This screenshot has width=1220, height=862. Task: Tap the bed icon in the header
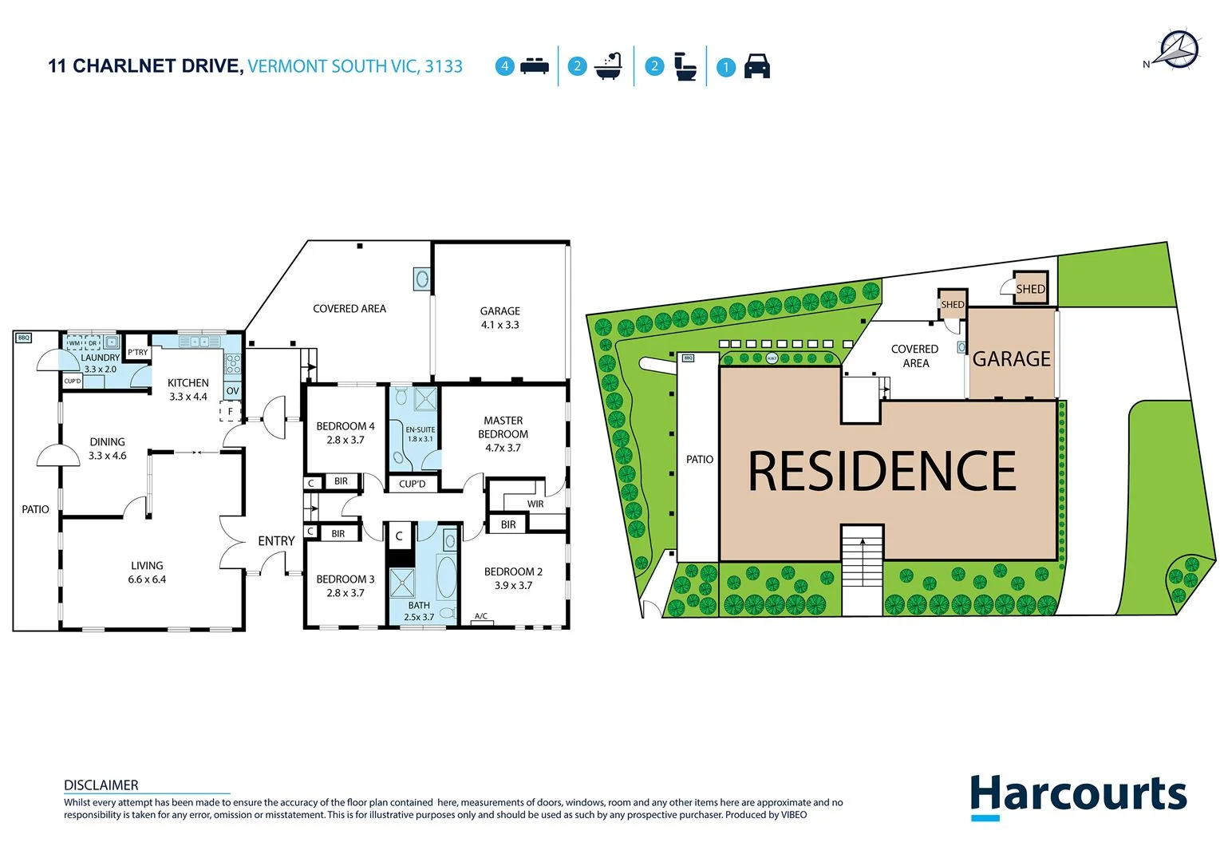(534, 66)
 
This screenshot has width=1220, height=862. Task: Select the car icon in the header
(756, 66)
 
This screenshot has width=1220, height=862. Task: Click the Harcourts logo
(1078, 796)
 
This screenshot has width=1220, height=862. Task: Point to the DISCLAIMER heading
(101, 785)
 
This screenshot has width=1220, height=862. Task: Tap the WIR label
(535, 504)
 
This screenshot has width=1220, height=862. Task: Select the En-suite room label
(420, 430)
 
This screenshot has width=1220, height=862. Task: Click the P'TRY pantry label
(138, 352)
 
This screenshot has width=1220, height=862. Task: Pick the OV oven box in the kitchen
(232, 391)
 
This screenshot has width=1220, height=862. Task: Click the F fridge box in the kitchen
(231, 412)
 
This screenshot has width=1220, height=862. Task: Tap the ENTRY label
(276, 541)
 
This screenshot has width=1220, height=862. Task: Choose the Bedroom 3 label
(345, 579)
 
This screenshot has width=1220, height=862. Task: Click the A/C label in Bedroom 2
(481, 616)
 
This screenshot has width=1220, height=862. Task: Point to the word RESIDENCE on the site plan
(882, 471)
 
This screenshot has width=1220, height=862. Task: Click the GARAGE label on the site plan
(1011, 359)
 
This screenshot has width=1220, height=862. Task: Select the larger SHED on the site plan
(1030, 289)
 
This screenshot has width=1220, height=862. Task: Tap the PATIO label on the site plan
(700, 460)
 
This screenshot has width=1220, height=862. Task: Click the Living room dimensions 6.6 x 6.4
(147, 579)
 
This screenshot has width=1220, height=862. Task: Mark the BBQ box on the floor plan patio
(24, 338)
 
